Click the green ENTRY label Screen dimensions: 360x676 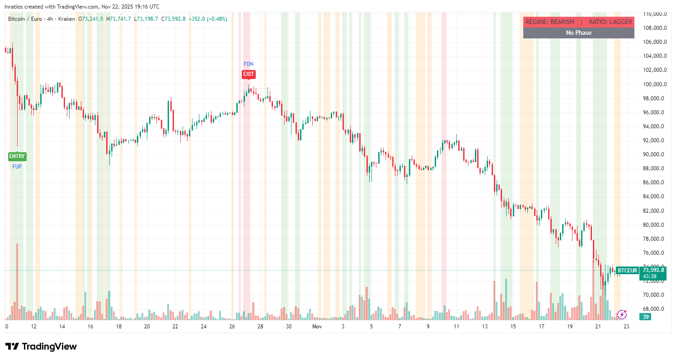tap(17, 156)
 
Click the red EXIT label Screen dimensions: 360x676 tap(249, 74)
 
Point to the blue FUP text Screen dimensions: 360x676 tap(17, 166)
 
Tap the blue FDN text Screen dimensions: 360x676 tap(249, 64)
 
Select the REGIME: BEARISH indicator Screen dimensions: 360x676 tap(549, 22)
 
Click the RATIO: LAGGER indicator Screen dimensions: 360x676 tap(610, 22)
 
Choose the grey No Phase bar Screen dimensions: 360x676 tap(578, 33)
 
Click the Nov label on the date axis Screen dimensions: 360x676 tap(316, 326)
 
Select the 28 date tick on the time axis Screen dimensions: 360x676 tap(260, 326)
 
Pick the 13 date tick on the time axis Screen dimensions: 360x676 tap(485, 326)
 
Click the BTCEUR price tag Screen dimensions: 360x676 tap(627, 271)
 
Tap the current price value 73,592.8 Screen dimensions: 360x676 tap(653, 270)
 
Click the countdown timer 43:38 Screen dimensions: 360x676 tap(650, 276)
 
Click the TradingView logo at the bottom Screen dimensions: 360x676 tap(41, 346)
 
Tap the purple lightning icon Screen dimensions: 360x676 tap(622, 314)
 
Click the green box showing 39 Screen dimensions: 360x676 tap(646, 317)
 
